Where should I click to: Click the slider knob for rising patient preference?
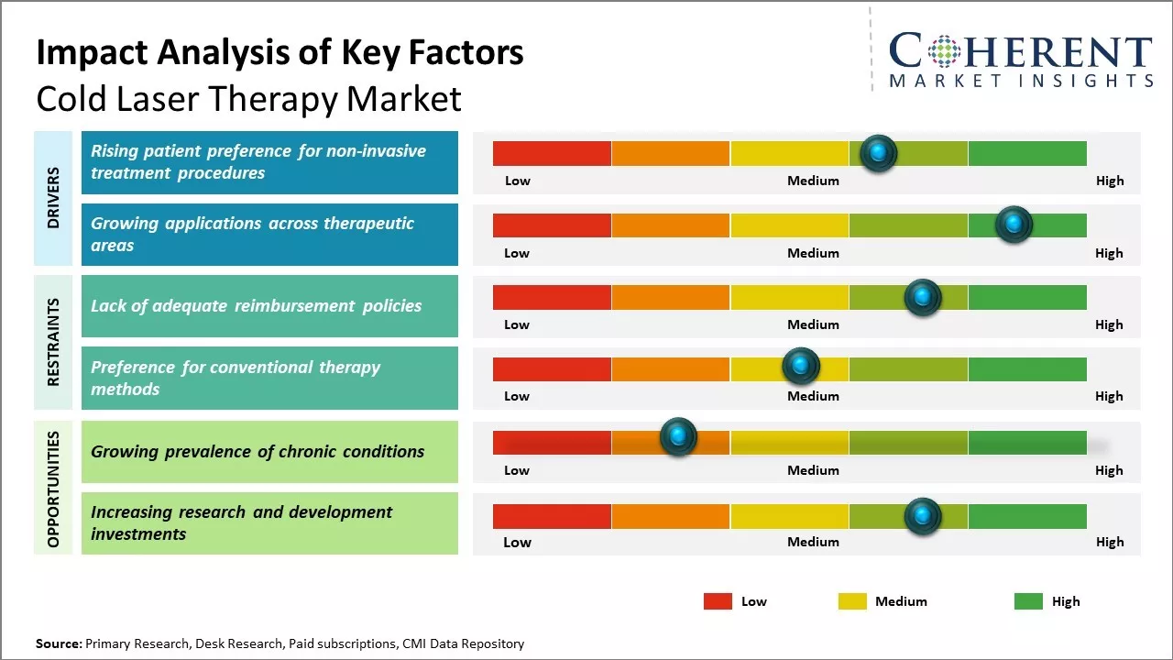879,153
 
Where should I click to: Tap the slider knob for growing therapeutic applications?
1014,225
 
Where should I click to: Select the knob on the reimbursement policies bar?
923,297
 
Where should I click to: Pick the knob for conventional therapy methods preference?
801,366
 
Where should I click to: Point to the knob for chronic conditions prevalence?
678,437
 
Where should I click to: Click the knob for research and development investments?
923,516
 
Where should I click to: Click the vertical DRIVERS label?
53,197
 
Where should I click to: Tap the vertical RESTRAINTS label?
53,341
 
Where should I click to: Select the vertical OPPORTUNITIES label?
53,489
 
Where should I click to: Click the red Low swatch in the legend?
718,601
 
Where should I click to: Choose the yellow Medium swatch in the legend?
852,601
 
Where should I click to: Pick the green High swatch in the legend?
1028,601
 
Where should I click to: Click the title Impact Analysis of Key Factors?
280,52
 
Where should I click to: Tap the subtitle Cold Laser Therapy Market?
248,98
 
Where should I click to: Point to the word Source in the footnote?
58,643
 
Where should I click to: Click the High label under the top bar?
1109,181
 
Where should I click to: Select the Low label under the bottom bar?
517,542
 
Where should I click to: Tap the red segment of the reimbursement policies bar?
552,297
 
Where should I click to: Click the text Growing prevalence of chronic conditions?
258,451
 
